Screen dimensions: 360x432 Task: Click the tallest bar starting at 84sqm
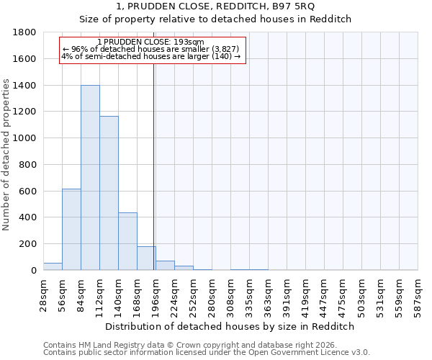point(90,178)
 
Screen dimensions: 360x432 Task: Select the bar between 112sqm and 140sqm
point(109,193)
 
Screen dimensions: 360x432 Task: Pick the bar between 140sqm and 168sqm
point(127,241)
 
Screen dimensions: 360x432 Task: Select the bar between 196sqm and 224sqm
point(165,266)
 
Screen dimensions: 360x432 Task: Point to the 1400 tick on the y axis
point(25,86)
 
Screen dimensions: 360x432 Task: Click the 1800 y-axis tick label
point(25,32)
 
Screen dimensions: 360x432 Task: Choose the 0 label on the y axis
point(34,271)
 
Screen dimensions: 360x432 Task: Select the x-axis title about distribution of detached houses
point(230,326)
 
